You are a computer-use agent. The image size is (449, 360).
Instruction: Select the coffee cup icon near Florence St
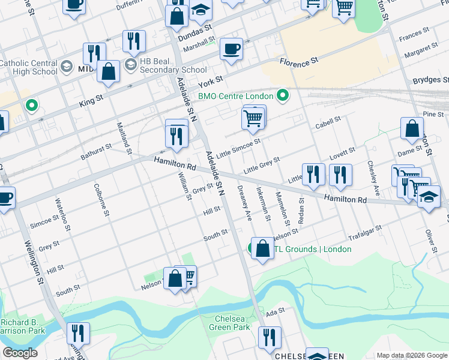pos(231,49)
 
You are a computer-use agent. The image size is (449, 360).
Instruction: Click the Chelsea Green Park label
pos(229,323)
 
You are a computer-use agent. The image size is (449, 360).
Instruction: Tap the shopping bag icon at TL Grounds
pos(262,248)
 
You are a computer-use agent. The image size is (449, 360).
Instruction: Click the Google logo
pos(20,353)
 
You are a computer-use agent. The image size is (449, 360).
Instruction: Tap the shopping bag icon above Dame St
pos(412,130)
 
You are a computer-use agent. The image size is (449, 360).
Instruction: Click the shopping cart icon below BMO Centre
pos(253,118)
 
